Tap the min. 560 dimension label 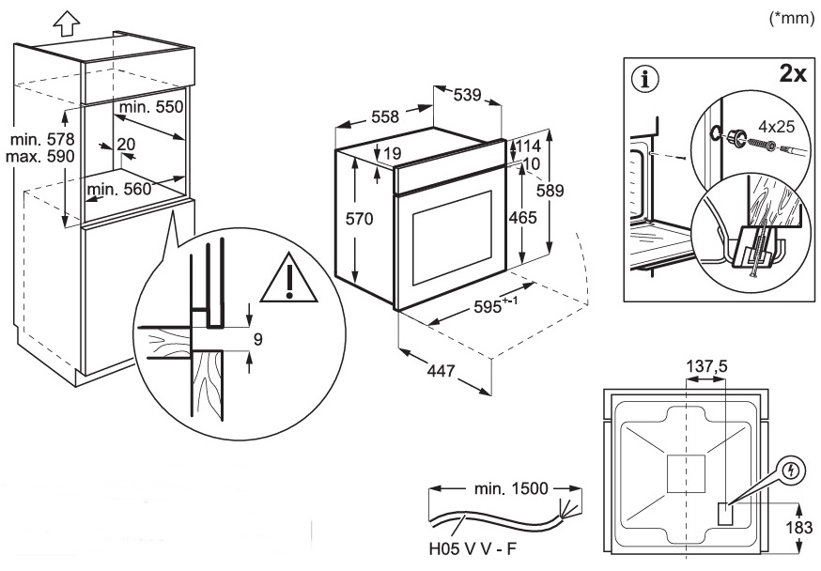tap(118, 190)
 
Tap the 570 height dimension tap(359, 219)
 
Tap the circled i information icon tap(645, 80)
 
